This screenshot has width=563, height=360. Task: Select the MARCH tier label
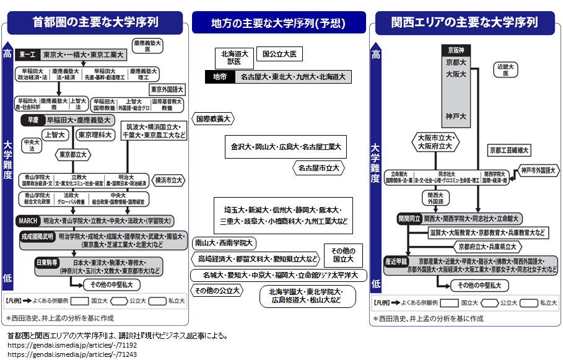tap(28, 221)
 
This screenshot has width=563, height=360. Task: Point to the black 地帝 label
tap(220, 77)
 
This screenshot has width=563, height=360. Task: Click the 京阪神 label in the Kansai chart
tap(456, 48)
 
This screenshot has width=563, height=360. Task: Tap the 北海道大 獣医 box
tap(234, 58)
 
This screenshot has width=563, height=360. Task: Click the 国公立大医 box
tap(279, 55)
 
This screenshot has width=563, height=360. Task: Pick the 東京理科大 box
tap(95, 134)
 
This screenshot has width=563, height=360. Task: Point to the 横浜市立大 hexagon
tap(169, 180)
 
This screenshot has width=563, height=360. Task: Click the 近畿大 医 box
tap(505, 69)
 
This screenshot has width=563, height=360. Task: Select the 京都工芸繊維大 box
tap(508, 150)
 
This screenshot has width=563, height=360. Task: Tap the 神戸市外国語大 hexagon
tap(538, 169)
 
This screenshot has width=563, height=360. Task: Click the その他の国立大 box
tap(343, 255)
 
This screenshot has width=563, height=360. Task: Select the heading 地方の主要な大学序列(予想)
tap(278, 23)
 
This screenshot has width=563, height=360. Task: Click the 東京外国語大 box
tap(167, 89)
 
